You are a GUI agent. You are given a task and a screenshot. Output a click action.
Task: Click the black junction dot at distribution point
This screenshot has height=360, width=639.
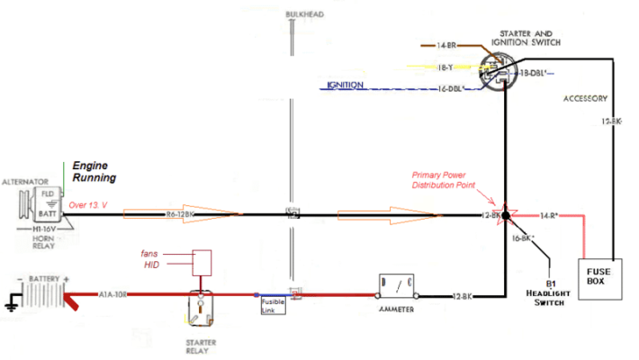[506, 216]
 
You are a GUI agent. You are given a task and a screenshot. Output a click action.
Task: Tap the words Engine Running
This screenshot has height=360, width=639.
[94, 172]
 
